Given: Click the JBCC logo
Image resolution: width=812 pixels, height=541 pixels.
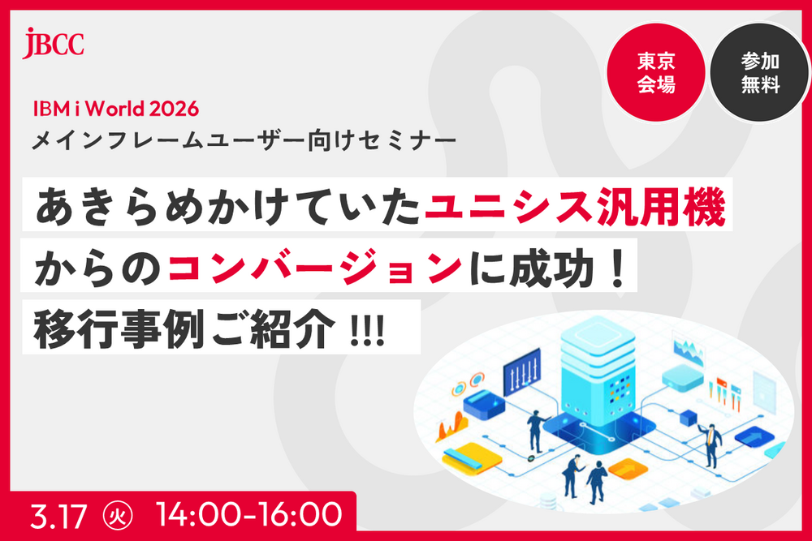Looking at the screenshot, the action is (x=53, y=44).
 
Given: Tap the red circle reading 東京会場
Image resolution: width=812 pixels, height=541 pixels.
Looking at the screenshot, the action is (x=656, y=72).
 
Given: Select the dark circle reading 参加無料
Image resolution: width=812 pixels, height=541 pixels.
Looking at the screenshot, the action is (x=760, y=72).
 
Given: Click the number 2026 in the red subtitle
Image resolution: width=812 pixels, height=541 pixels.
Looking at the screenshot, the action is (x=174, y=109).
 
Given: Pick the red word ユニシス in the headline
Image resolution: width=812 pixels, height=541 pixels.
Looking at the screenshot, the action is (x=508, y=206).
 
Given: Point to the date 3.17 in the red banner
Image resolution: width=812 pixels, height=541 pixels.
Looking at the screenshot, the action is (x=58, y=516).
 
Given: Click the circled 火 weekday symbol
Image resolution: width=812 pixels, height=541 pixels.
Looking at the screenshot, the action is (x=118, y=516).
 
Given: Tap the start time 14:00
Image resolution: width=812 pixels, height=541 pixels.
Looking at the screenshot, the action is (x=199, y=514).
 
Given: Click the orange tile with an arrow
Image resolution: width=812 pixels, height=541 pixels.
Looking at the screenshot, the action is (x=628, y=469).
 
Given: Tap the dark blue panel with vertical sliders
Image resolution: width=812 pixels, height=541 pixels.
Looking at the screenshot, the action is (x=522, y=371).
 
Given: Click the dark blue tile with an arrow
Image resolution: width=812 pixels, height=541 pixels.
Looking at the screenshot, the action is (x=754, y=437).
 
